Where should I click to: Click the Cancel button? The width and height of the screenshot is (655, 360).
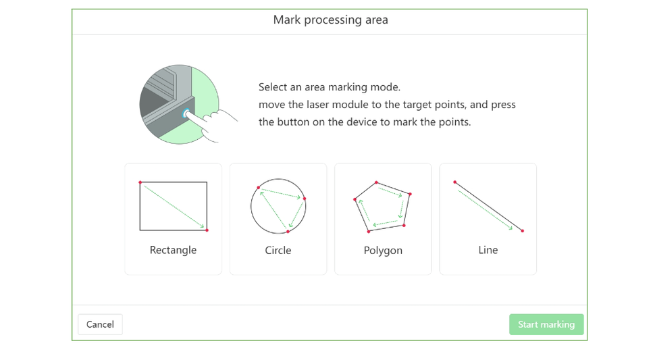100,324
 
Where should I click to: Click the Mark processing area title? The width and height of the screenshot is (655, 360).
330,20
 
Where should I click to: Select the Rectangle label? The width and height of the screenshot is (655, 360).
173,250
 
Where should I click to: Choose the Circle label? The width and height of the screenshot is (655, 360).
278,250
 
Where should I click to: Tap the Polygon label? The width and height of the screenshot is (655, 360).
383,251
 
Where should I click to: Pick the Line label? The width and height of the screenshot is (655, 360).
488,250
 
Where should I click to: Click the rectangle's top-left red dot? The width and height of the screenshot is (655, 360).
140,182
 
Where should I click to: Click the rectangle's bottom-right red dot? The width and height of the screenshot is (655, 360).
207,230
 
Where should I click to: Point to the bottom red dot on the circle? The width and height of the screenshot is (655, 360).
288,232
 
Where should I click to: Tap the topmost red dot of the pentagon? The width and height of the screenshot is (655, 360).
376,182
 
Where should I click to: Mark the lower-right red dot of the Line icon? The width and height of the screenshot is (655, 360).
522,230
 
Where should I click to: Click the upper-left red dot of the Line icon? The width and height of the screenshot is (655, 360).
455,182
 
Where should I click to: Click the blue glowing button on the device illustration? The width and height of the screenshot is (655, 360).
186,113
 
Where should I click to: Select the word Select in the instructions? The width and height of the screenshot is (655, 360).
272,87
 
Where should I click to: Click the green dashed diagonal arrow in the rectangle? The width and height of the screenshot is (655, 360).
174,207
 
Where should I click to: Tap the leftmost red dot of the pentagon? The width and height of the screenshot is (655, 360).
355,200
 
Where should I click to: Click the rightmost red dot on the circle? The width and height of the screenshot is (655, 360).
305,199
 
